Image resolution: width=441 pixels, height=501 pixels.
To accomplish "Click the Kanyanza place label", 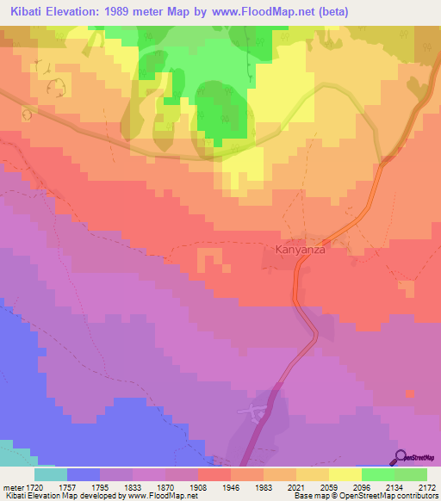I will [299, 250].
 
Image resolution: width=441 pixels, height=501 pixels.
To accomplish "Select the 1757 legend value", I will [84, 486].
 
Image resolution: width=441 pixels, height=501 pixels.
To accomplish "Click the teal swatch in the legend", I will [51, 473].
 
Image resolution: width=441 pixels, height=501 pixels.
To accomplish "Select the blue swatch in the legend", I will [84, 473].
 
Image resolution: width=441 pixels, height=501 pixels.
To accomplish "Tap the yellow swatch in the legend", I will [345, 473].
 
